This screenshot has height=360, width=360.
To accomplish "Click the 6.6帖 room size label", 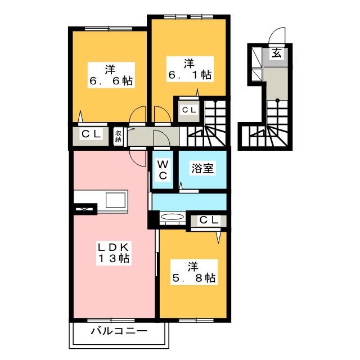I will coord(110,81).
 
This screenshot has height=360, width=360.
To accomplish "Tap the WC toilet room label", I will coord(163,169).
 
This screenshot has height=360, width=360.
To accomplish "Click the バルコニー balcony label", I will coord(119,331).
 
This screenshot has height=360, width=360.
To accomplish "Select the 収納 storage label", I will coord(119,136).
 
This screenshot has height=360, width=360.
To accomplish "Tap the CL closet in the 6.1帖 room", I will coord(188,110).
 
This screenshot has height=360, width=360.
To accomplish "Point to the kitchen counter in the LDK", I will coord(102,200).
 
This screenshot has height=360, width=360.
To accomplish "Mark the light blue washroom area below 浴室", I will coord(188,201).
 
